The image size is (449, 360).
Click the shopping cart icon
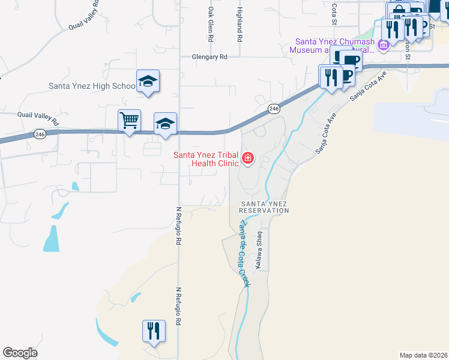[130, 120]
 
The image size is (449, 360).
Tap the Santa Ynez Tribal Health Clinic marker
[248, 159]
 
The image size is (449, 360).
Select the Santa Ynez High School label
[92, 86]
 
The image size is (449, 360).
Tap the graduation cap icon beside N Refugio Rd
[165, 123]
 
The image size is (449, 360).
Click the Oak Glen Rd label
[211, 24]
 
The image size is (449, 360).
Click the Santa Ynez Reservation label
[264, 208]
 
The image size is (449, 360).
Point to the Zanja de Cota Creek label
[244, 252]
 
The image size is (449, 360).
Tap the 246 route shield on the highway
[274, 109]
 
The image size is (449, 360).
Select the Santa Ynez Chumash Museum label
[334, 46]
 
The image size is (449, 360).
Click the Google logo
[20, 353]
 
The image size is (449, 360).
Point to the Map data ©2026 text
[423, 355]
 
